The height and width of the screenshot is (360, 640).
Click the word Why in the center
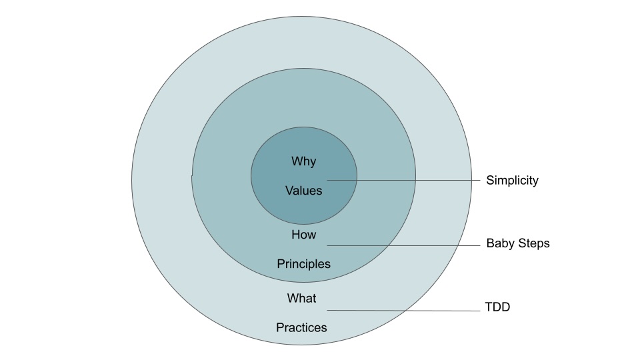tap(304, 161)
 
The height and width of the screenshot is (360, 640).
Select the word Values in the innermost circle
tap(304, 191)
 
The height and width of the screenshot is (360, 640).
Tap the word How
tap(304, 235)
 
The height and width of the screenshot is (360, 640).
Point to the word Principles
tap(304, 264)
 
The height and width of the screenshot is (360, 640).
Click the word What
tap(302, 298)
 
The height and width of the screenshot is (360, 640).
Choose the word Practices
tap(302, 328)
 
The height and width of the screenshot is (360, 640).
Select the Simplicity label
tap(512, 180)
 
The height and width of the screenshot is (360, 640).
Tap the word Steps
tap(531, 244)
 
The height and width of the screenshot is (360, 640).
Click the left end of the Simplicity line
tap(327, 180)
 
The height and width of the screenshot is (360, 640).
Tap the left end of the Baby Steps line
tap(327, 245)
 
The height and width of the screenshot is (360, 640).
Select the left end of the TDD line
tap(327, 310)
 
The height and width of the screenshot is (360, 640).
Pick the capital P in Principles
tap(281, 264)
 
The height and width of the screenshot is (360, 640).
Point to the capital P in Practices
tap(281, 328)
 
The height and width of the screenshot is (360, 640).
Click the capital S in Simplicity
tap(490, 180)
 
